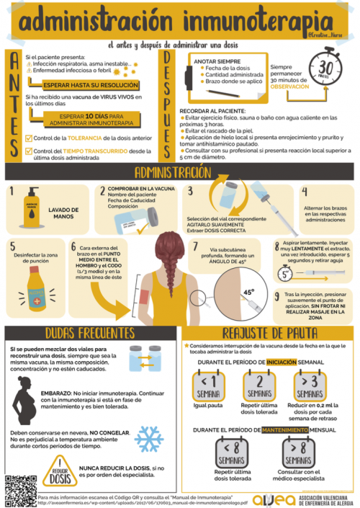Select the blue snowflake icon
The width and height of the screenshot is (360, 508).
coord(149,438)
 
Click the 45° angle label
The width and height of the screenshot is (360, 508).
coord(248,293)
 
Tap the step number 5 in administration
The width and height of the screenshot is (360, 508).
coord(12,245)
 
